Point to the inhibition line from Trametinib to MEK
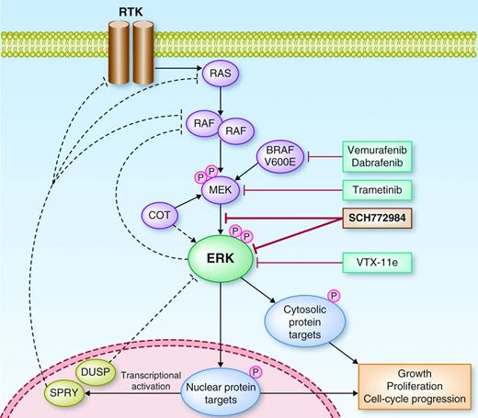coord(294,190)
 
